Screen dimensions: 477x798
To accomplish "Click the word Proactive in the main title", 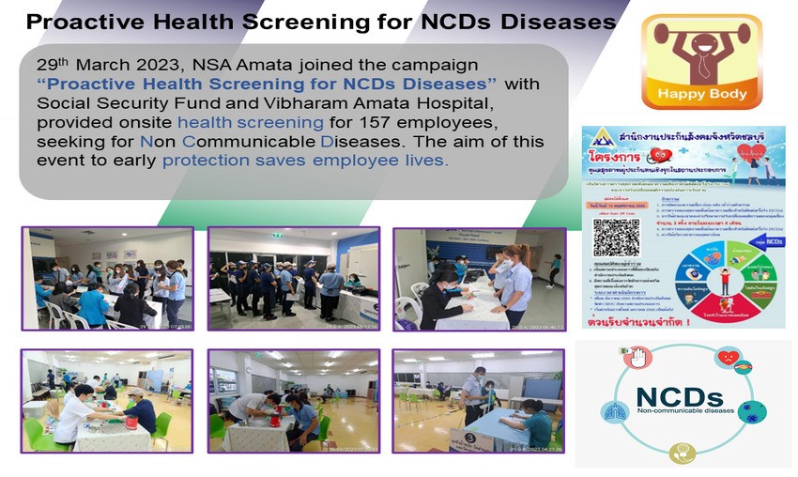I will click(x=83, y=22).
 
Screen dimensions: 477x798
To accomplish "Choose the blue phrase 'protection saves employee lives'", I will click(x=305, y=161).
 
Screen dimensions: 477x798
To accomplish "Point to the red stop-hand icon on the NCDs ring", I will click(x=636, y=358).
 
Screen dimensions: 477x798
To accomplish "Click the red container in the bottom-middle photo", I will click(x=279, y=421).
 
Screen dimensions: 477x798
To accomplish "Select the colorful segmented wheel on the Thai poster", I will click(x=721, y=279).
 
